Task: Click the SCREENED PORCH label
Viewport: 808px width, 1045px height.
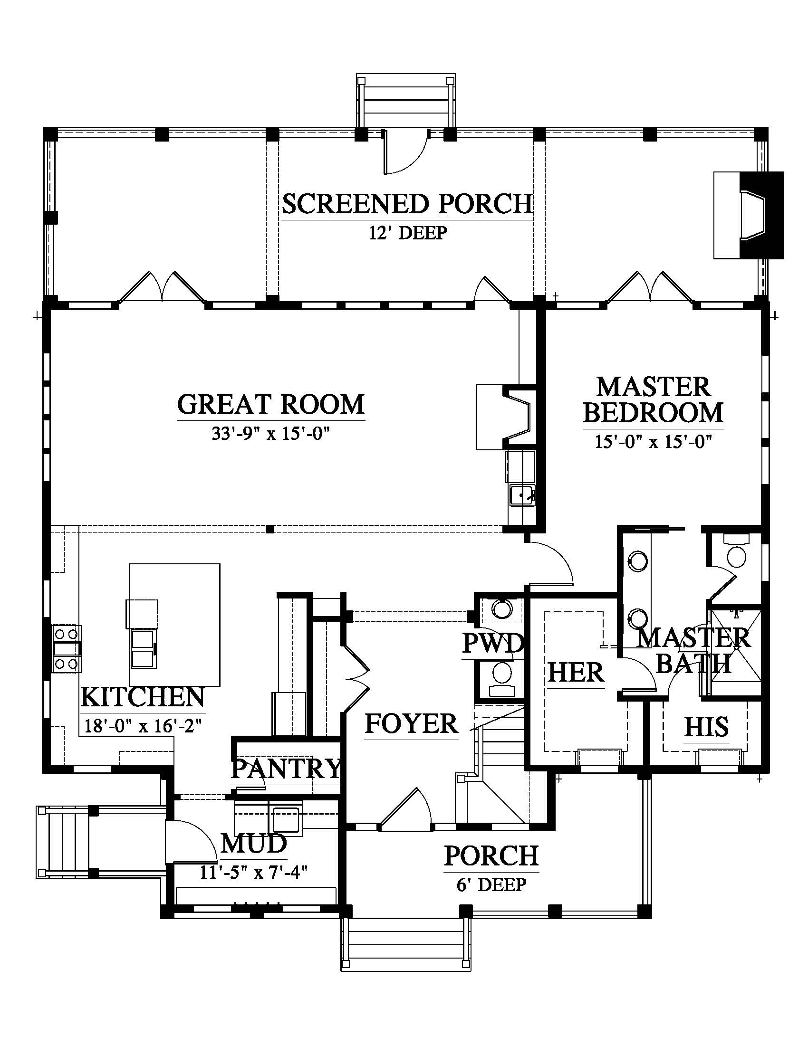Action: click(x=407, y=204)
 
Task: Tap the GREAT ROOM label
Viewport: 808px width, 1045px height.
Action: click(x=271, y=404)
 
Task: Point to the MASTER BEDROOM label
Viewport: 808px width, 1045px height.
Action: click(x=653, y=400)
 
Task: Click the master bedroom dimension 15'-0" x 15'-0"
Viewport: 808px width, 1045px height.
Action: click(x=654, y=441)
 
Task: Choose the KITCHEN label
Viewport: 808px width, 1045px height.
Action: click(x=143, y=697)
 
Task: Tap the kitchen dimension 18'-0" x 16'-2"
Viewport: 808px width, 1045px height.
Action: click(x=142, y=726)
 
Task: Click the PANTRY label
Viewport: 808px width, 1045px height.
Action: click(x=286, y=769)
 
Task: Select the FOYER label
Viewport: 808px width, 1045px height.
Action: click(x=412, y=723)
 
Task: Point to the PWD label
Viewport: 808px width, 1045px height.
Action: click(x=493, y=643)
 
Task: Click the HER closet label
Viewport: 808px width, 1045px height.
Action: click(x=576, y=673)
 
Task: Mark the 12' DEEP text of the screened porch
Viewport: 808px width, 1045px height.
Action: click(x=408, y=233)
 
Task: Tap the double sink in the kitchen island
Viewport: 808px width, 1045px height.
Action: click(x=143, y=649)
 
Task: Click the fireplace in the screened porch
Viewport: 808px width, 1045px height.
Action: click(x=749, y=215)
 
